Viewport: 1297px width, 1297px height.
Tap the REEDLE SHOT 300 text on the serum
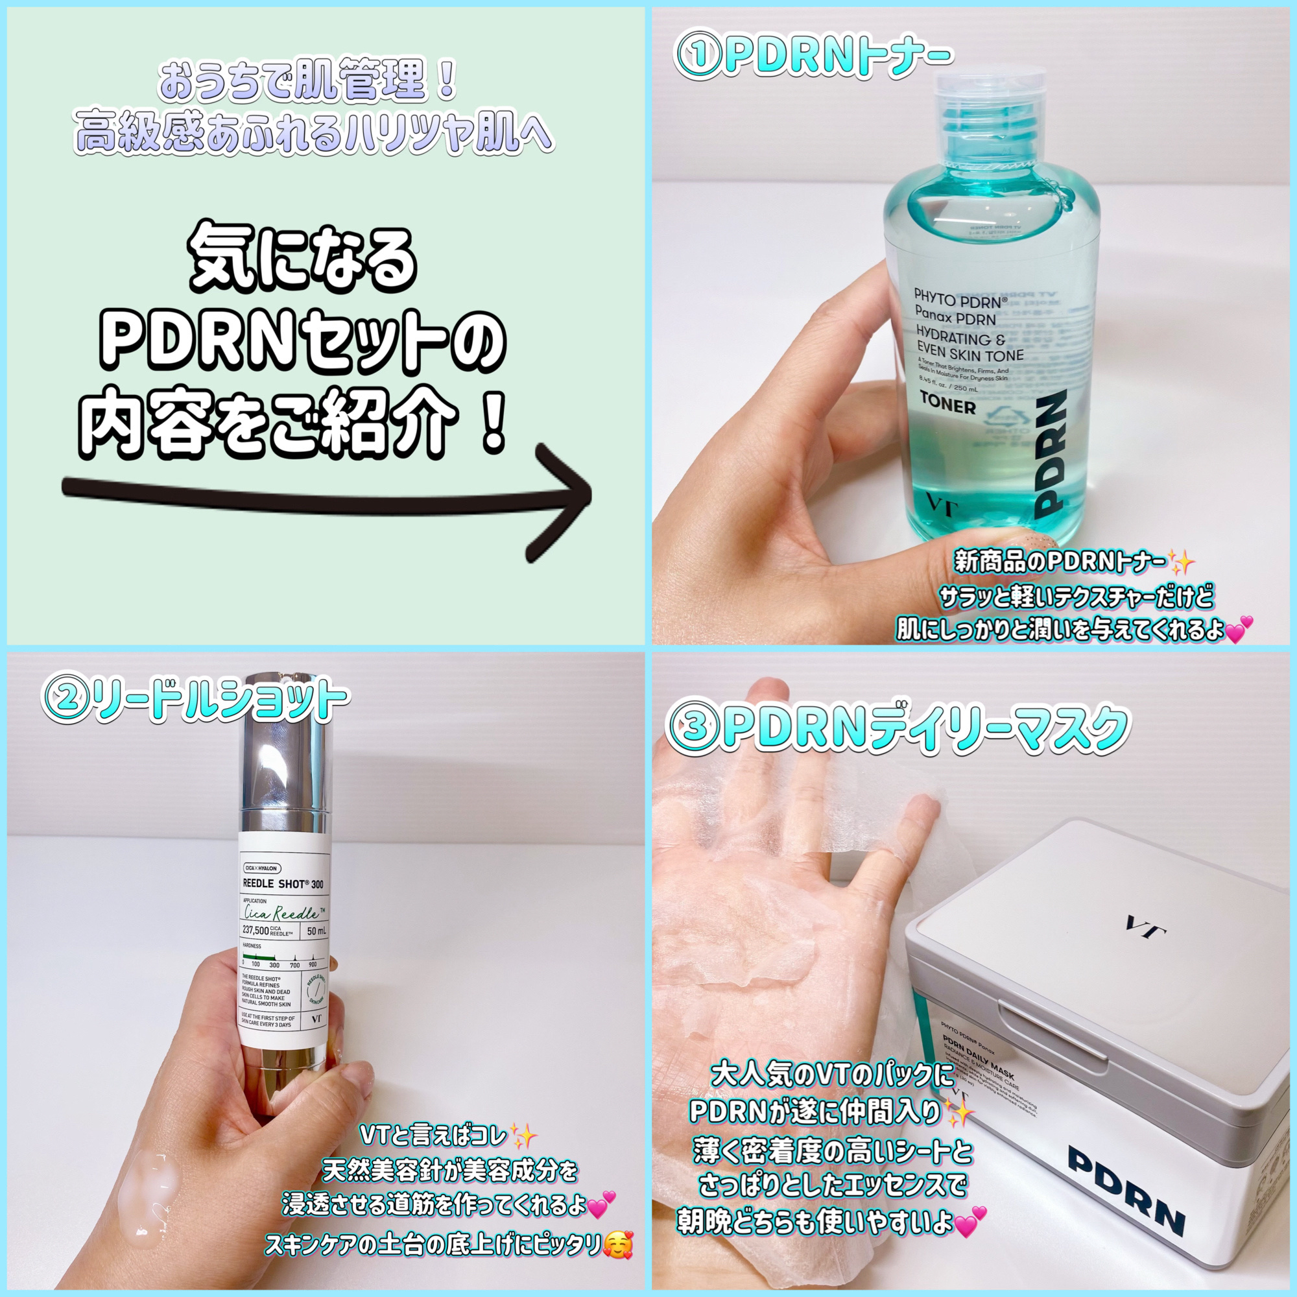283,884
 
